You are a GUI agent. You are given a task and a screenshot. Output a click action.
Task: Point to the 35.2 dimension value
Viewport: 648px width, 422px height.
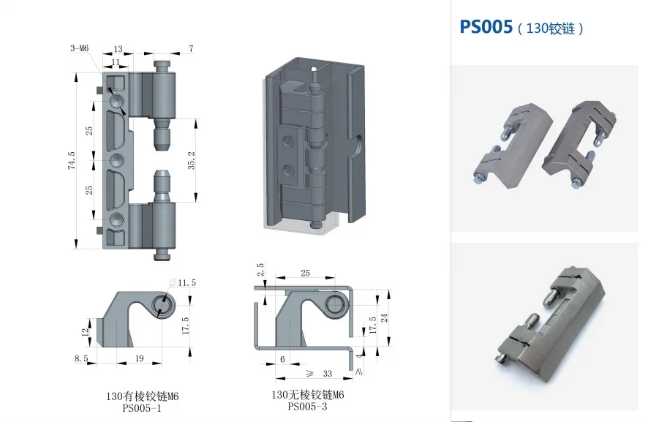pos(192,161)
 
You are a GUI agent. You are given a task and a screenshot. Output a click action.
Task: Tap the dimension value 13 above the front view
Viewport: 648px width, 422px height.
pos(118,49)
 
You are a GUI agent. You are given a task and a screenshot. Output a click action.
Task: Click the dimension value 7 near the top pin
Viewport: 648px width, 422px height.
pos(191,49)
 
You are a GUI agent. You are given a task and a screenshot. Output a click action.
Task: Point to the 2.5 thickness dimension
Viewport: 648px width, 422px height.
pos(261,269)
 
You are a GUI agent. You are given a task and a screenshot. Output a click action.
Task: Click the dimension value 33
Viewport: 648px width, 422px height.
pos(327,374)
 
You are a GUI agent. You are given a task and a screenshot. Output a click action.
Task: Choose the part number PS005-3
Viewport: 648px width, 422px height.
pos(308,407)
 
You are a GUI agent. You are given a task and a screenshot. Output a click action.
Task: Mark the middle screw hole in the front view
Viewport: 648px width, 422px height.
pos(117,159)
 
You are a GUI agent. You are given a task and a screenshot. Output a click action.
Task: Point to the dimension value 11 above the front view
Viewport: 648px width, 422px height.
pos(116,62)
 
